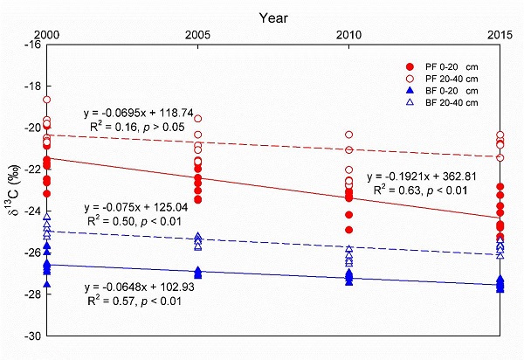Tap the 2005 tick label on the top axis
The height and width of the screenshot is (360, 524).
pyautogui.click(x=198, y=32)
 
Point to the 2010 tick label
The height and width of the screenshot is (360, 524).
pyautogui.click(x=349, y=32)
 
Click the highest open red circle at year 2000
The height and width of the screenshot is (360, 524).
pyautogui.click(x=47, y=100)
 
